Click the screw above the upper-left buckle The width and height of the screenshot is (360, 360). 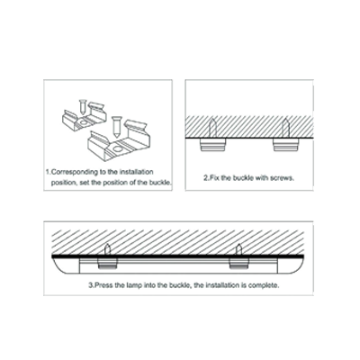click(x=83, y=106)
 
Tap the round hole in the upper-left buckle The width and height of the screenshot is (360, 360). click(x=84, y=122)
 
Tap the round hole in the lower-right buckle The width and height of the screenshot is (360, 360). click(x=118, y=148)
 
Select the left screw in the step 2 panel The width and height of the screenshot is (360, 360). click(x=212, y=128)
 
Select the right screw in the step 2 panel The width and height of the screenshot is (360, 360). click(x=285, y=128)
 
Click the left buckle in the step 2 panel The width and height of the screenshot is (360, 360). click(x=212, y=145)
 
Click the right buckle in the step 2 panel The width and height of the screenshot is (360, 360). click(x=286, y=145)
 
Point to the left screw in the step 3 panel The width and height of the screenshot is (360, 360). click(x=107, y=249)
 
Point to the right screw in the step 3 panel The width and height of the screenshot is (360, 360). click(x=238, y=249)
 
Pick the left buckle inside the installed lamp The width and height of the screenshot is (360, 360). click(x=107, y=263)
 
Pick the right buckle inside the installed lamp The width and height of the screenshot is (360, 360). click(x=238, y=263)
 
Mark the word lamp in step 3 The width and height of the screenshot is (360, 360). click(x=134, y=285)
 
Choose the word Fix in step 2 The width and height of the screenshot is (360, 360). click(x=214, y=178)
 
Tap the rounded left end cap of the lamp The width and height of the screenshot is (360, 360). click(x=66, y=265)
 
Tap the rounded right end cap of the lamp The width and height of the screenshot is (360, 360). click(x=291, y=265)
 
